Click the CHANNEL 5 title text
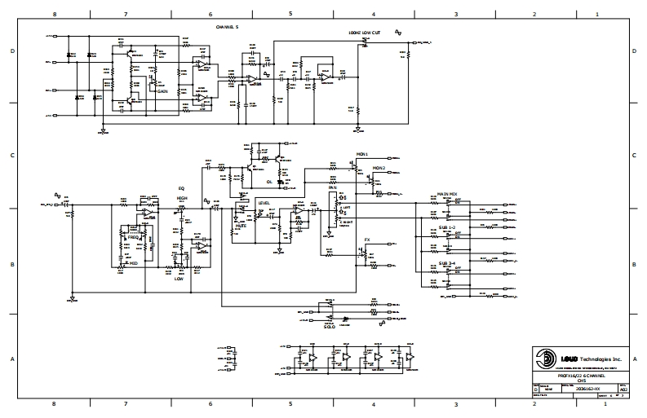[227, 27]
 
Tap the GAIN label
[162, 92]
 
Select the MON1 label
[362, 153]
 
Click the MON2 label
[379, 168]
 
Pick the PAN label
[333, 187]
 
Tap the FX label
[367, 240]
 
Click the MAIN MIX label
[445, 194]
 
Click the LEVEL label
[264, 202]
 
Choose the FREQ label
[132, 237]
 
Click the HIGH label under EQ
[182, 197]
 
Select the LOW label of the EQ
[179, 279]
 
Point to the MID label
[133, 264]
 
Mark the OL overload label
[268, 182]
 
